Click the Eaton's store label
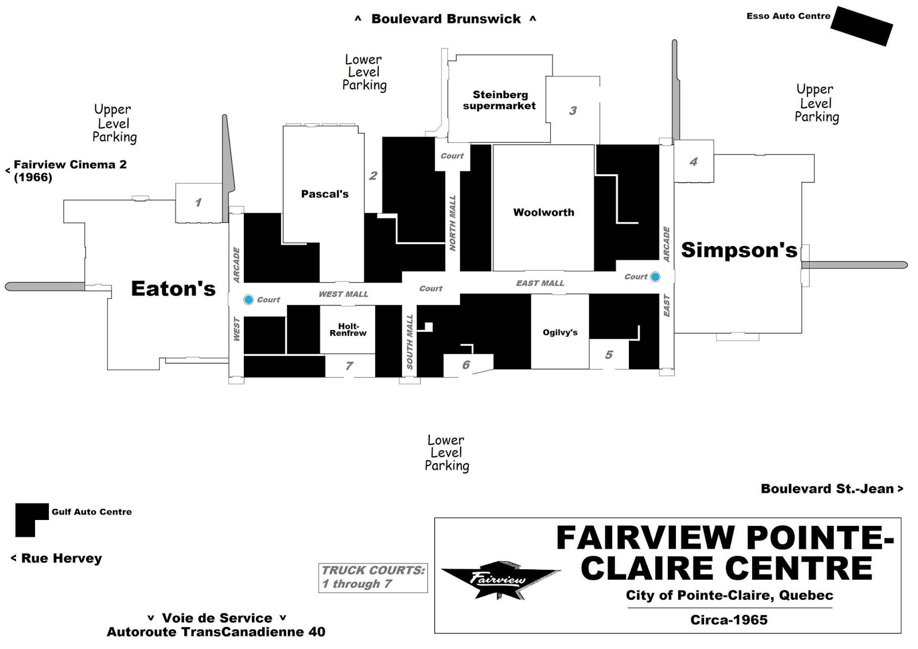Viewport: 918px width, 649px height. (173, 289)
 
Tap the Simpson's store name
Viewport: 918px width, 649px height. (740, 250)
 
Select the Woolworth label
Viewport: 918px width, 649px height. (543, 212)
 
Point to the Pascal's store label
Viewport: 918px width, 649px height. (325, 194)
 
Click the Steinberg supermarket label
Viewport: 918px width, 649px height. (500, 100)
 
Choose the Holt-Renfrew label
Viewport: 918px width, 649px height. (348, 330)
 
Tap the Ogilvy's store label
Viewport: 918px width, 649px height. (560, 332)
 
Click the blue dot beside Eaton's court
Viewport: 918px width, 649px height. (248, 300)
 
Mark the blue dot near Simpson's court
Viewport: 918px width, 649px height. (655, 277)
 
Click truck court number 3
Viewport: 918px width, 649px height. (573, 111)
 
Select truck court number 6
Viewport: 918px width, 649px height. (466, 365)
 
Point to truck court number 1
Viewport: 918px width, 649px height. (199, 202)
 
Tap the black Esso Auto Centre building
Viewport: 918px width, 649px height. (861, 26)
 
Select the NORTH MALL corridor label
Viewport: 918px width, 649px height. (453, 223)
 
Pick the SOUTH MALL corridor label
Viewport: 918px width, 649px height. (410, 342)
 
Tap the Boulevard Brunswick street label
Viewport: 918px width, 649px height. (446, 19)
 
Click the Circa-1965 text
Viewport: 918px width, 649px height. (729, 620)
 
